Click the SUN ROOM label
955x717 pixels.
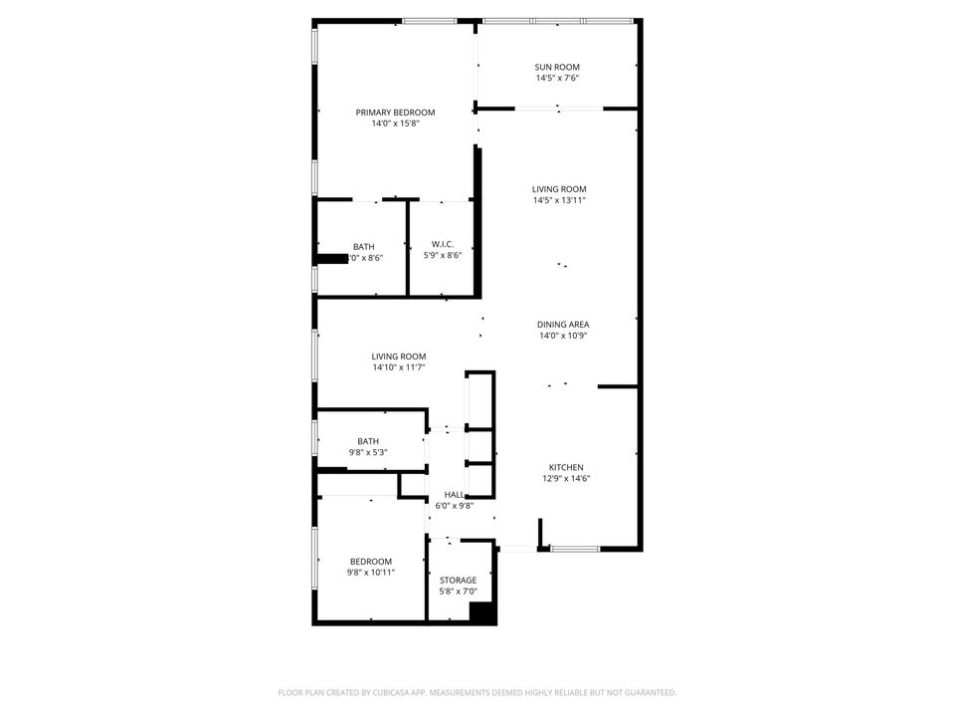(x=557, y=67)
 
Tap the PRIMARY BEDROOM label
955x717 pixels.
(x=395, y=113)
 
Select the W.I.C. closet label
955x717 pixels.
(x=443, y=244)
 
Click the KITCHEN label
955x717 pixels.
(x=566, y=467)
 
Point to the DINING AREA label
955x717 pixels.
(x=563, y=324)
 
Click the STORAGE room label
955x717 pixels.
(x=458, y=580)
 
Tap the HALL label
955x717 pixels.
(x=454, y=494)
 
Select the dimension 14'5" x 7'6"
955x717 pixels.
(x=557, y=78)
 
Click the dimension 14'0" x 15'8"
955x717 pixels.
(x=395, y=123)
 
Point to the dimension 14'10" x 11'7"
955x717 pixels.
(x=399, y=367)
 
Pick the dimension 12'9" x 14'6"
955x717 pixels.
(x=566, y=478)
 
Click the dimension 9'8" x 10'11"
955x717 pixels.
(x=370, y=573)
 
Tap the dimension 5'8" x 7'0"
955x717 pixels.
(x=458, y=591)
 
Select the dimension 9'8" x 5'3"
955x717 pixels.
(x=368, y=452)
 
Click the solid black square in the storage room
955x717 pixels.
(x=482, y=613)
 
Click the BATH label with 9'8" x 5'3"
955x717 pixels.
(x=368, y=441)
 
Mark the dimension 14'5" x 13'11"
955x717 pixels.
(x=558, y=200)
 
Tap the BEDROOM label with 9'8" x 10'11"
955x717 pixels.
(x=370, y=562)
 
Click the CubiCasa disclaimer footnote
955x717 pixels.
(x=477, y=692)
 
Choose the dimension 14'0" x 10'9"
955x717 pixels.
(x=563, y=335)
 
